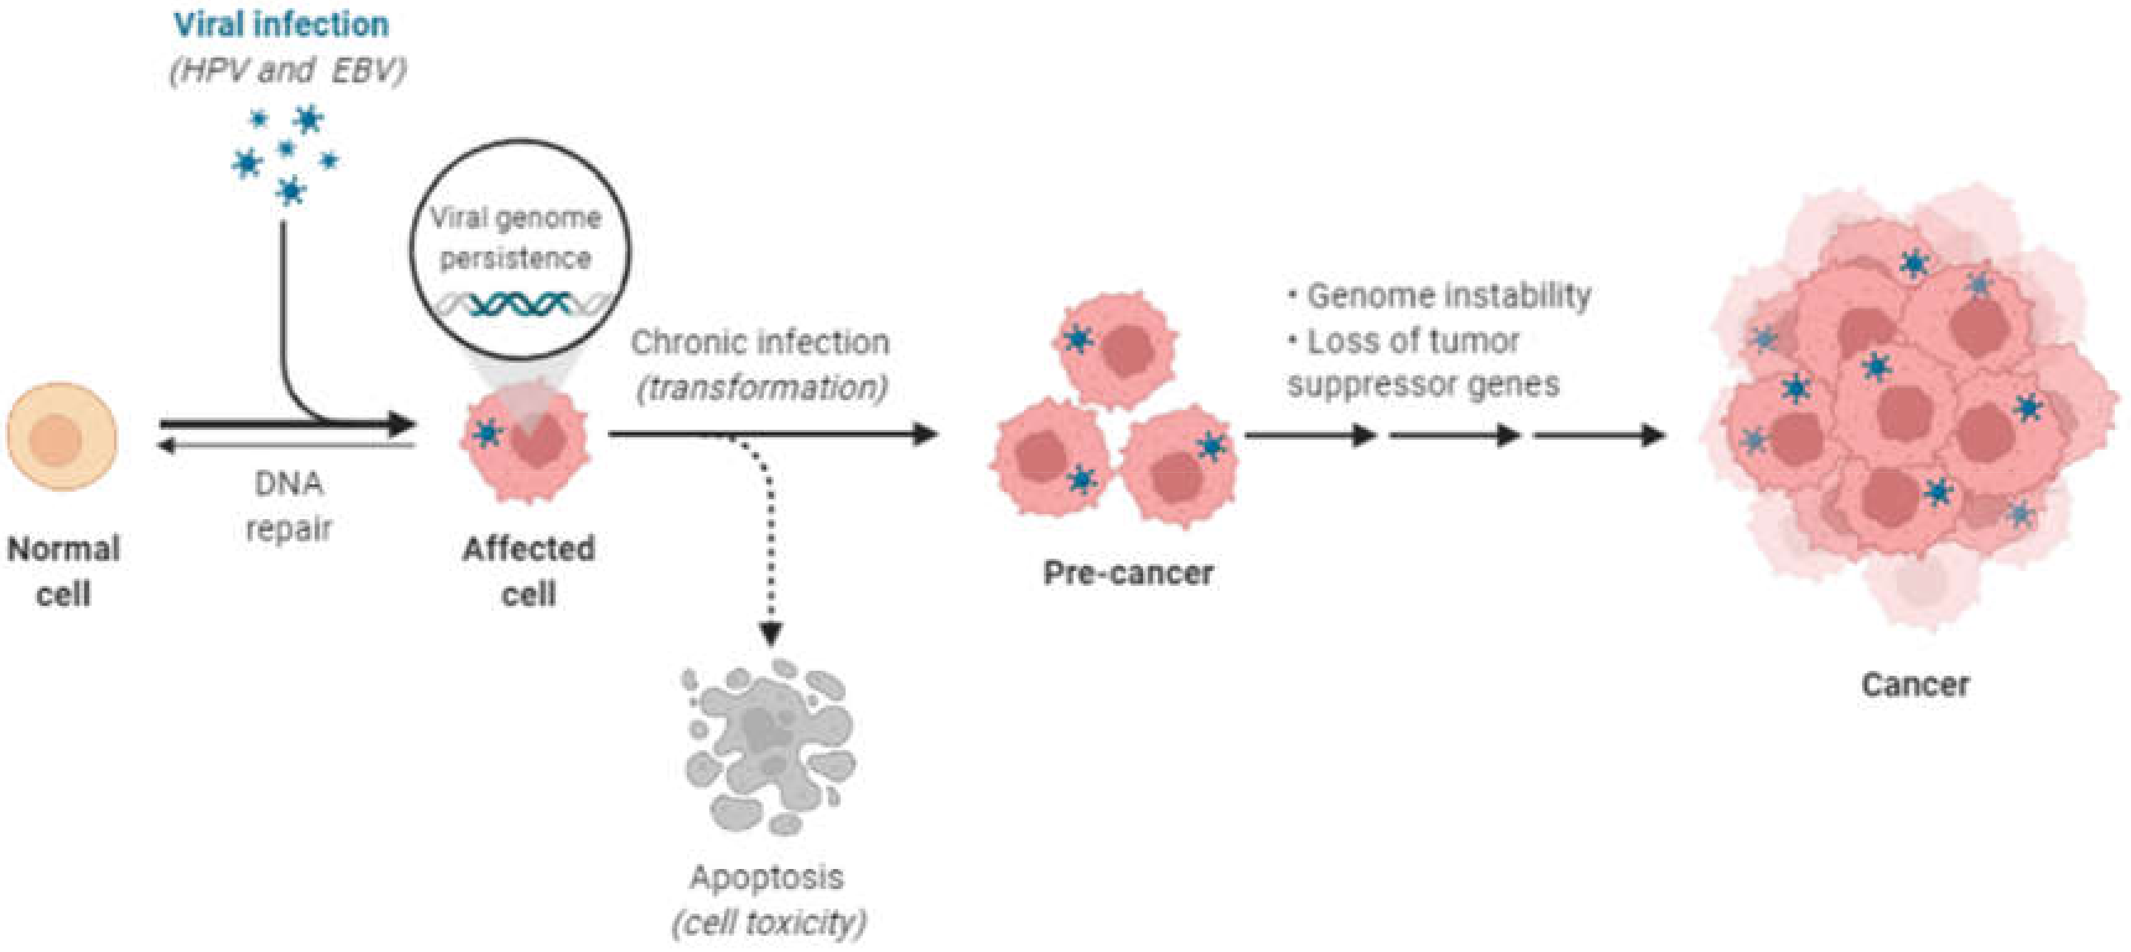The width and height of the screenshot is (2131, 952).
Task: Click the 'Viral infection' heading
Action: [281, 24]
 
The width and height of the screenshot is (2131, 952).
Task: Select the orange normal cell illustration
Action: [62, 436]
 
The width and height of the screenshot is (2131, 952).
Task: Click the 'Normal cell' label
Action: [64, 570]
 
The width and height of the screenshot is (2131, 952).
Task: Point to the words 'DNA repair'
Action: [289, 505]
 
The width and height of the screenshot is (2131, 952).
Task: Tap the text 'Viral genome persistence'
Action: [515, 237]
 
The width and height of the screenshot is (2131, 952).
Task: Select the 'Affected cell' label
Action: [528, 570]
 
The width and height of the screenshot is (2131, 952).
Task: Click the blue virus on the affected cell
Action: [489, 431]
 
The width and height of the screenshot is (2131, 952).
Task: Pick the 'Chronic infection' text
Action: [759, 342]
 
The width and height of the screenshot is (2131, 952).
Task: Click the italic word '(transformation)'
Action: [762, 386]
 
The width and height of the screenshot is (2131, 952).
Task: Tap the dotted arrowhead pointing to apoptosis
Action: [771, 634]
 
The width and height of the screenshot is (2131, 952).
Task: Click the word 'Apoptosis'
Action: [767, 876]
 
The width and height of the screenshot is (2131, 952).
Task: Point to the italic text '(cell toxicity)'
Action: [769, 922]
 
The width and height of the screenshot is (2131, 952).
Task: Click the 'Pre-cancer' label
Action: [1127, 572]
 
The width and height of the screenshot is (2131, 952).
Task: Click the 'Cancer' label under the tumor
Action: [1915, 684]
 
